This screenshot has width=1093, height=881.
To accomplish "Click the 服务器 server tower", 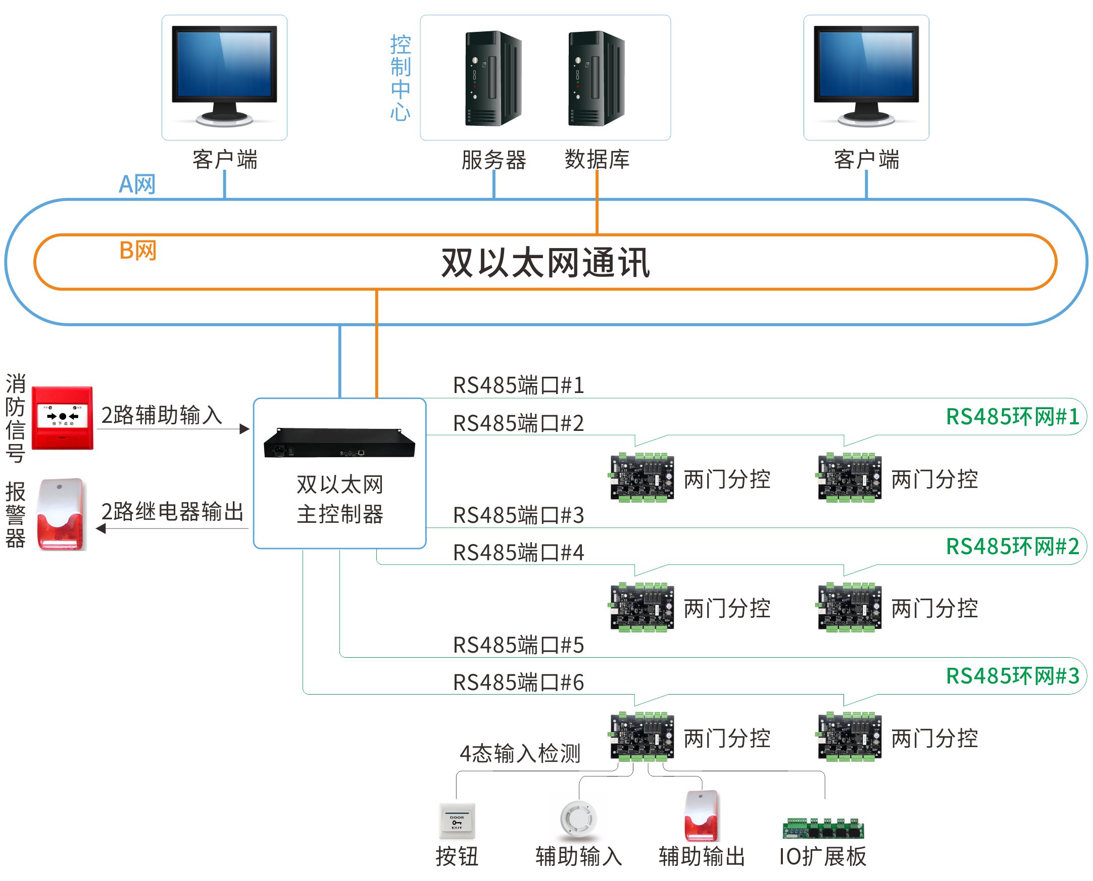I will [493, 78].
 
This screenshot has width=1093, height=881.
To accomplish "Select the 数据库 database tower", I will [596, 78].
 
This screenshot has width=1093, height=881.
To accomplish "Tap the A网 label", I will [137, 184].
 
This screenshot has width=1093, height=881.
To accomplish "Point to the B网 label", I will [137, 250].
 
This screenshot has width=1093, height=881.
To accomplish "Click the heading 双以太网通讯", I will [545, 262].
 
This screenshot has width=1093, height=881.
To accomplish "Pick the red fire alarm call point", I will [63, 418].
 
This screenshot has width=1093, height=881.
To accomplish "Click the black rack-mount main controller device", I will [339, 443].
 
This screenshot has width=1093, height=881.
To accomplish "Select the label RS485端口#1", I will [518, 385].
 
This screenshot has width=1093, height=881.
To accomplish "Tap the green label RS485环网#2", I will [1012, 547].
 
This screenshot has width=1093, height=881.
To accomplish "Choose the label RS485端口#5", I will [518, 645].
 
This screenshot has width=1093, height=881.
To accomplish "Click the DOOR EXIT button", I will [457, 820].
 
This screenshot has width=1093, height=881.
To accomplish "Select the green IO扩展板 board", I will [823, 828].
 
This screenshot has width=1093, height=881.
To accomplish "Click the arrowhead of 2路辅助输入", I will [245, 429].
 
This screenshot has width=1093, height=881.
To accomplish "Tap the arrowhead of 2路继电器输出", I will [101, 528].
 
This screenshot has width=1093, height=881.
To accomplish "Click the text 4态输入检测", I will [520, 753].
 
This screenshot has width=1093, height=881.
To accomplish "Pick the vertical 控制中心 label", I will [401, 78].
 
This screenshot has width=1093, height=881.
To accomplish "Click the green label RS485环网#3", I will [1012, 676].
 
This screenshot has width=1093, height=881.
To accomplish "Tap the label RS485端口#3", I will [518, 515].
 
